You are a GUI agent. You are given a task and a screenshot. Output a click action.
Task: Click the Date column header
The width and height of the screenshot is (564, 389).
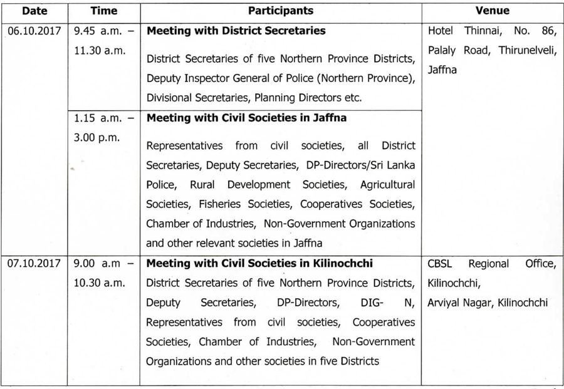tap(34, 11)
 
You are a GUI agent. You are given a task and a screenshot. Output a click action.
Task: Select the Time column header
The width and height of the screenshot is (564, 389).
tap(103, 11)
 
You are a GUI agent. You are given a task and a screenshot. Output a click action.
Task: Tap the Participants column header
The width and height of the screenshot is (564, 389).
tap(280, 11)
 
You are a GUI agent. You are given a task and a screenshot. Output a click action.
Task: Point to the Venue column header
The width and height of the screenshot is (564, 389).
tap(492, 11)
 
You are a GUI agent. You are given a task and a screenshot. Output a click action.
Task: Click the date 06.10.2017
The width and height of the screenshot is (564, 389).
tap(34, 31)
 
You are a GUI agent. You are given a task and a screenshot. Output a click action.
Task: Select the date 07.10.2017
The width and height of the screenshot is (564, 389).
tap(34, 264)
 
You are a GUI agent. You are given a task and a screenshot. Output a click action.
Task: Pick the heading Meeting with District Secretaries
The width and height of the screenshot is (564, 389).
tap(236, 31)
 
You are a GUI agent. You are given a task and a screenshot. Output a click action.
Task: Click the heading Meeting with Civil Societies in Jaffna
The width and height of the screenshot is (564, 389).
tap(246, 118)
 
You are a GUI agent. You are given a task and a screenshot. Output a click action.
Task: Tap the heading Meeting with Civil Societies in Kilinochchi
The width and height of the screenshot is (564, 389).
tap(259, 264)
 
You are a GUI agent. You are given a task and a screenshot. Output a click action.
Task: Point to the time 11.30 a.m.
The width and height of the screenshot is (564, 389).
tap(100, 51)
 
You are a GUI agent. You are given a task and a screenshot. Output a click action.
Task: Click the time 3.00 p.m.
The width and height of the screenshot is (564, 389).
tap(97, 137)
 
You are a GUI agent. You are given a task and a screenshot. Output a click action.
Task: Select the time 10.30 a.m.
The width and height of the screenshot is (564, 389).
tap(100, 283)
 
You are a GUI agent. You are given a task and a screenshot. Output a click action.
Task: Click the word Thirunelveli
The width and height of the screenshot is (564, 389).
tap(528, 50)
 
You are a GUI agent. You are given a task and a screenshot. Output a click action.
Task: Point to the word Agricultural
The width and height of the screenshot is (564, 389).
tap(387, 185)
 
